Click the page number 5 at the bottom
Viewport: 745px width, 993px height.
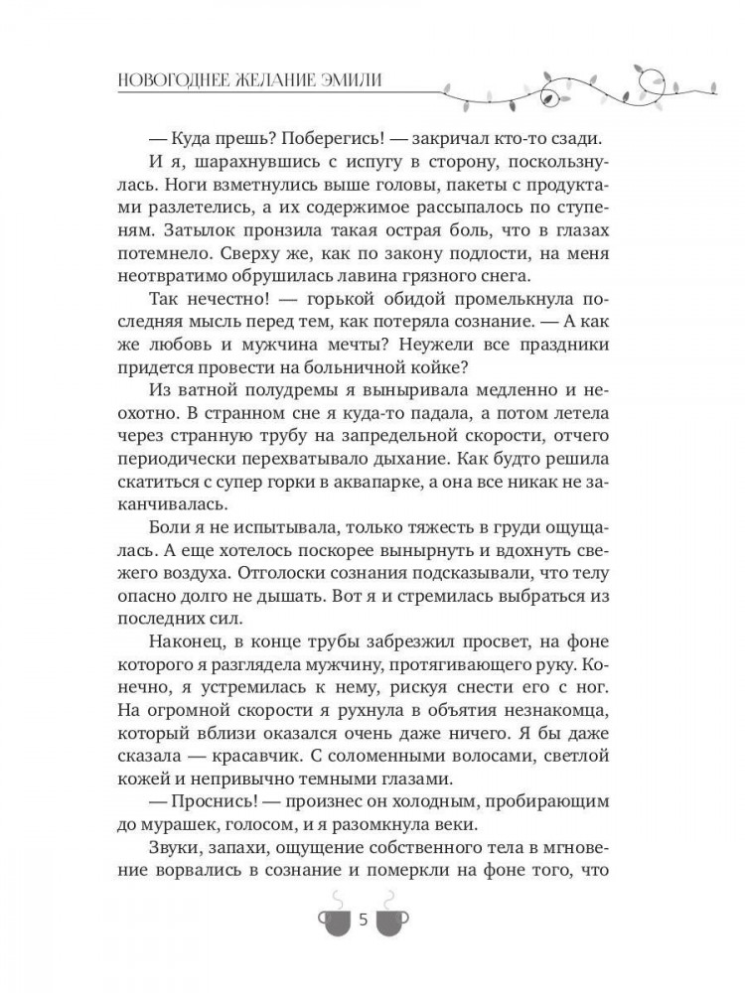tap(363, 922)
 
